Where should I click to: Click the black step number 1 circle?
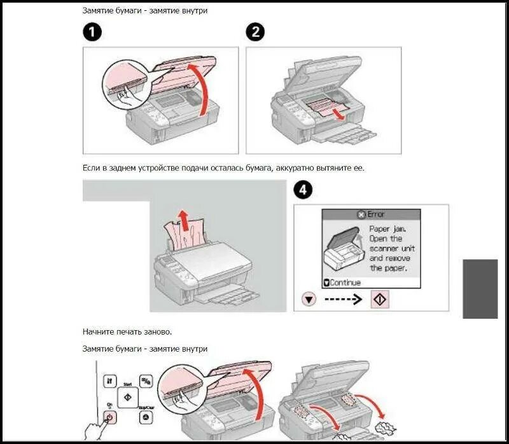(93, 32)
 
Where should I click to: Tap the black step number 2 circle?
(256, 32)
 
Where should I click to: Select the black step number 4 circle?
(303, 190)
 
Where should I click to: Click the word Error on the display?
(375, 214)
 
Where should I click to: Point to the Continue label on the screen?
(345, 282)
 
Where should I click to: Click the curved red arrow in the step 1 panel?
(202, 89)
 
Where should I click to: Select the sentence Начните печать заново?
(127, 331)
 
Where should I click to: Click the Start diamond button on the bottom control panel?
(127, 398)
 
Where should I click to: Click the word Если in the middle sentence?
(92, 168)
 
